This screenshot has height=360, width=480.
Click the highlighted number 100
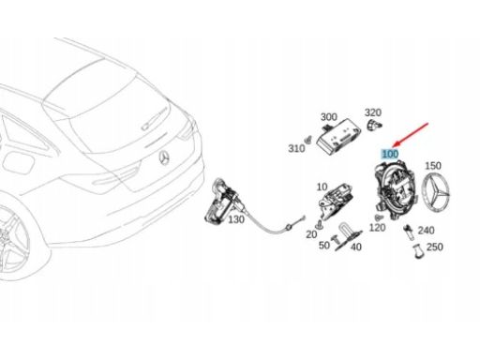[388, 152]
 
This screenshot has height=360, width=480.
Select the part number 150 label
[433, 165]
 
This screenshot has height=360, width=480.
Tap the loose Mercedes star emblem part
[438, 198]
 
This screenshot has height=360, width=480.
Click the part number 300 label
[328, 117]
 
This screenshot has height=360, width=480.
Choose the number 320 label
[373, 111]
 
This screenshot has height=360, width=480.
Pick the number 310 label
[297, 149]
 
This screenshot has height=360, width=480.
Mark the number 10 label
[322, 187]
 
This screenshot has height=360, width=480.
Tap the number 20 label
[310, 234]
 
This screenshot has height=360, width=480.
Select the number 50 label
[323, 245]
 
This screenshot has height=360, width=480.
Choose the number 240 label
[426, 230]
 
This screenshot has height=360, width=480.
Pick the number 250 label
[434, 247]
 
